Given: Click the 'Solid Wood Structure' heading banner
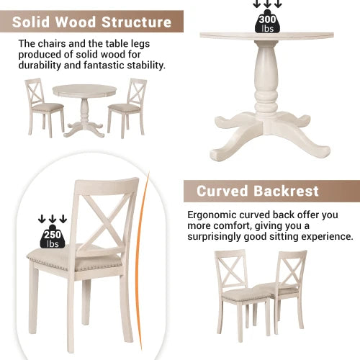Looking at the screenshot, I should tap(91, 22).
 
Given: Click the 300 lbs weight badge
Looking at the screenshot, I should tap(266, 24).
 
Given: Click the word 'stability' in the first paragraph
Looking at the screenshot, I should tap(143, 65).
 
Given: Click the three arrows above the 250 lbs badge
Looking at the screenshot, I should tap(53, 219).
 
